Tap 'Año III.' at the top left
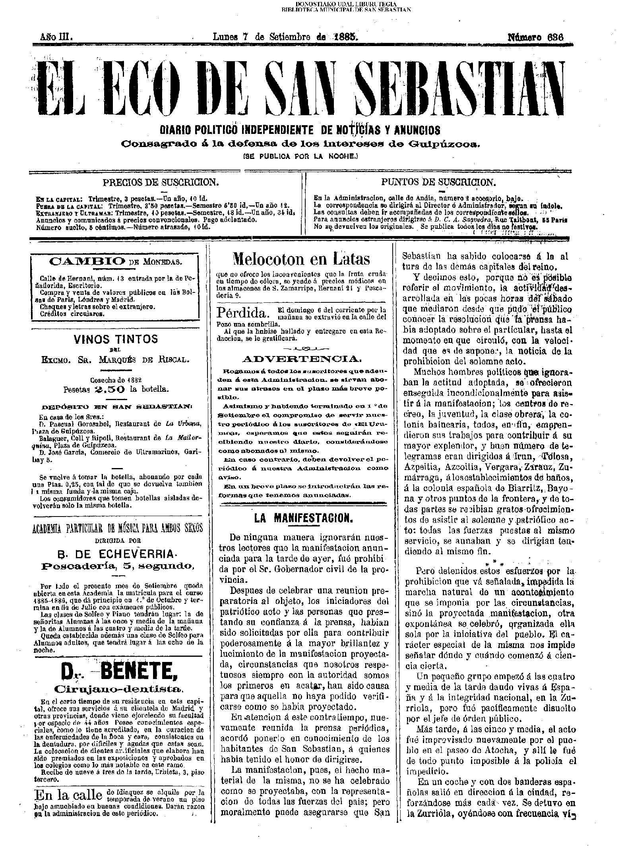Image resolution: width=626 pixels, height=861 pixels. tap(55, 37)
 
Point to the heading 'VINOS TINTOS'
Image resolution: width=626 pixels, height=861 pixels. tap(116, 339)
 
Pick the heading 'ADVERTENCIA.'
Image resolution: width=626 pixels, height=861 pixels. tap(302, 359)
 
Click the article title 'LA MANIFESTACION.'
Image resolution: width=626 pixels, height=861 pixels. tap(303, 518)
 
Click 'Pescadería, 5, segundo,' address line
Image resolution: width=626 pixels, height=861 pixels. tap(118, 565)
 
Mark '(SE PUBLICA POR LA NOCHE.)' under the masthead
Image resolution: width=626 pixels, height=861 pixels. tap(301, 157)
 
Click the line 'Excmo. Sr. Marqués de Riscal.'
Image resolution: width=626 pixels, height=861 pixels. tap(115, 360)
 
